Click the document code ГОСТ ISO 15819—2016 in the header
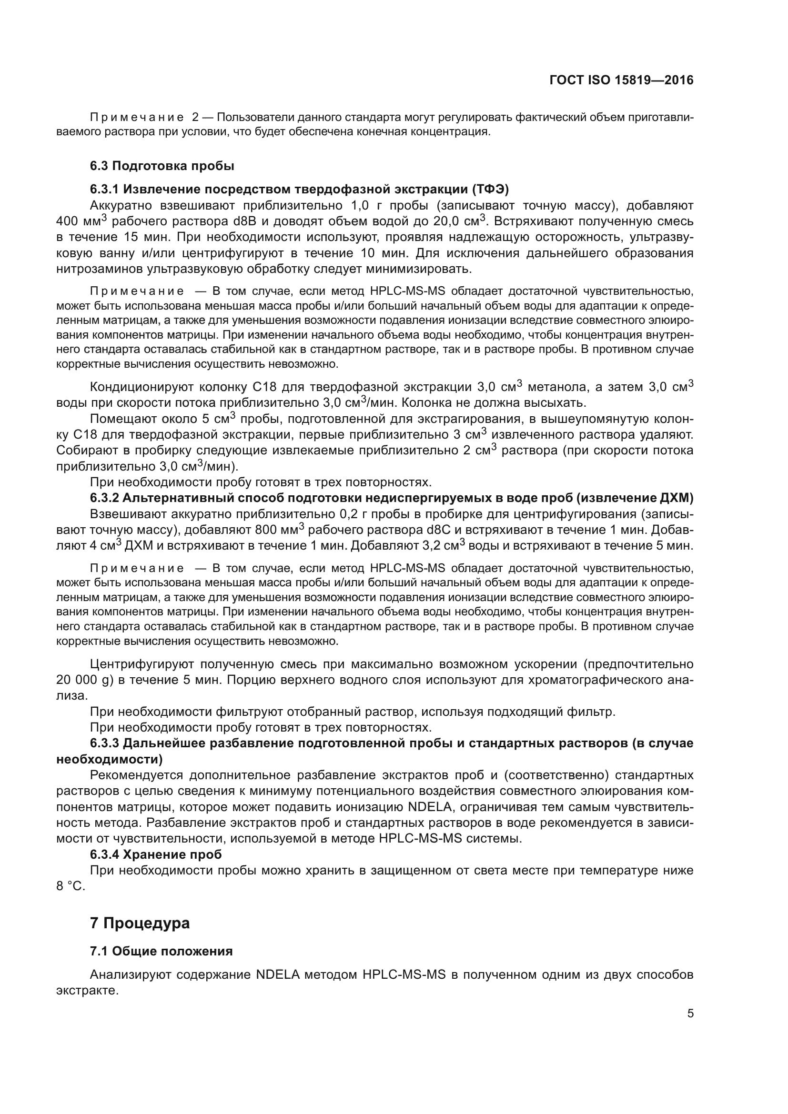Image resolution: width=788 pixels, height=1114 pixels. click(621, 80)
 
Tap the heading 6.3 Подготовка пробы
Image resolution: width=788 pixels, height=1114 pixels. click(162, 166)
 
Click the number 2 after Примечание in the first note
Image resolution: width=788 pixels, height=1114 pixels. click(195, 118)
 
